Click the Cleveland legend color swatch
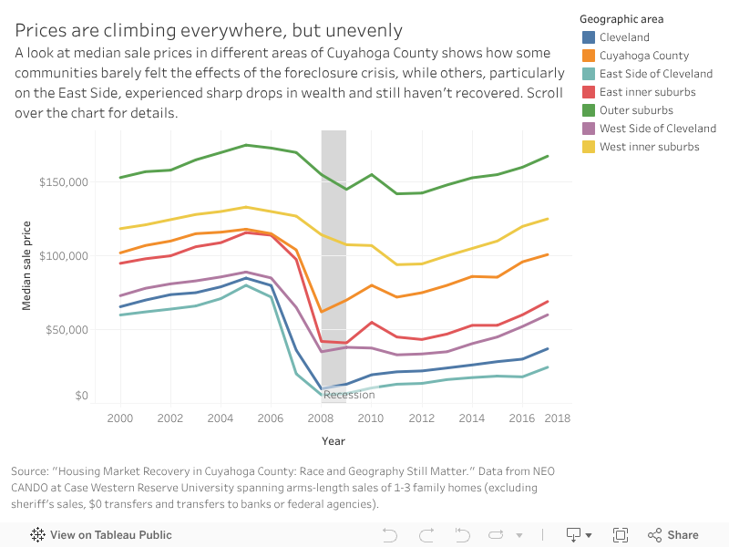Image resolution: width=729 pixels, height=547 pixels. coord(589,37)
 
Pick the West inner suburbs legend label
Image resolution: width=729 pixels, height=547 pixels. coord(649,147)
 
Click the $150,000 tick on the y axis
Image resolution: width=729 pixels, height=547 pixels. coord(63,182)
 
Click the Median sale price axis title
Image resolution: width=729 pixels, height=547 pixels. coord(27,265)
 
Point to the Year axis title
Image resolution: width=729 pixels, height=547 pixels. coord(333,441)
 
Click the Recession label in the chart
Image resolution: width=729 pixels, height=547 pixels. coord(349,395)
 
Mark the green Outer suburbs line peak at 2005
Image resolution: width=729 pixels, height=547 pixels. coord(246,145)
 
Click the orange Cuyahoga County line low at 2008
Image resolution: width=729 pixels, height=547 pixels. coord(322,312)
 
